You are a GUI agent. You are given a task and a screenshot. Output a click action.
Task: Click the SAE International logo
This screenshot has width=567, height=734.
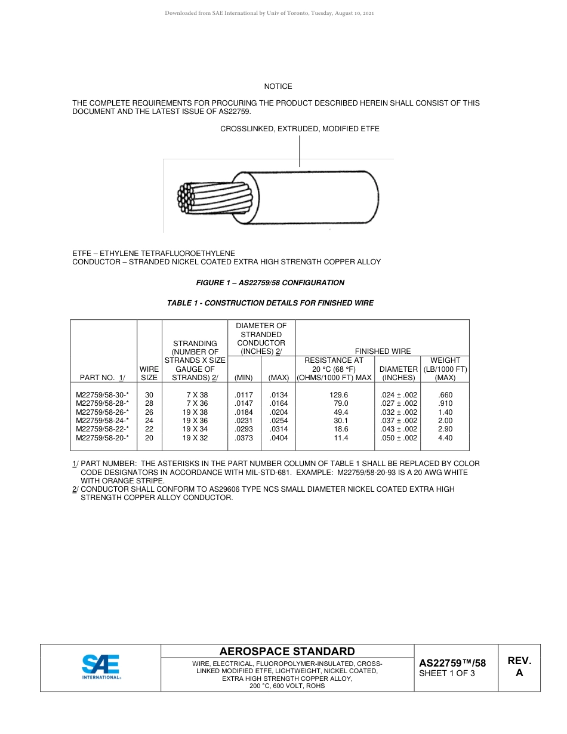(x=101, y=667)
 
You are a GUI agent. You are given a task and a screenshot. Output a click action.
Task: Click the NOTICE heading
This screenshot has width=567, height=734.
(x=278, y=87)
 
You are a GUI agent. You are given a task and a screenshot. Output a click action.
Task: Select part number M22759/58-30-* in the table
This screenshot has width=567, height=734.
(x=102, y=395)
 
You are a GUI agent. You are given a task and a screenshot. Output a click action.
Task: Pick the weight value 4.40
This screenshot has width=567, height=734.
(x=445, y=438)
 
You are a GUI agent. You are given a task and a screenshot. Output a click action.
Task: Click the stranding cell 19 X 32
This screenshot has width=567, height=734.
(x=195, y=438)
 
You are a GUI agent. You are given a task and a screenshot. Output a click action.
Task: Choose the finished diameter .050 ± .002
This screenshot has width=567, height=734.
(x=399, y=438)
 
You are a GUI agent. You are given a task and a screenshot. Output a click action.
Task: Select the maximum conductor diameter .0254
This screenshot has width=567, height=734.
(x=279, y=421)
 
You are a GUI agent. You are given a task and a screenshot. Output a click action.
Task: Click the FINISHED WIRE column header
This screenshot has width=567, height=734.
(x=383, y=351)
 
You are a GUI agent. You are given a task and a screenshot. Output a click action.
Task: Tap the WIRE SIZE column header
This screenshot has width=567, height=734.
(x=149, y=374)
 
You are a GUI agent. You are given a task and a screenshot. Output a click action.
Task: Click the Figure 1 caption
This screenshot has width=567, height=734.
(x=270, y=283)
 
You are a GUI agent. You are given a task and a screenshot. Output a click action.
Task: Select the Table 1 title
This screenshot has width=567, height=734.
(x=270, y=303)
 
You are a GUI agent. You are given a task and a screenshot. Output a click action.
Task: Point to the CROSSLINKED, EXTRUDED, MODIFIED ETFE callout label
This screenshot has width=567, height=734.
(x=300, y=129)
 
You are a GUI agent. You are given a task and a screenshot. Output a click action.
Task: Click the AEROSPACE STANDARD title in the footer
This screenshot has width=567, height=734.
(x=287, y=652)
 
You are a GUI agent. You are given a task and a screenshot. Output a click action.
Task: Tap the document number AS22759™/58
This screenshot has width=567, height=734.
(x=452, y=663)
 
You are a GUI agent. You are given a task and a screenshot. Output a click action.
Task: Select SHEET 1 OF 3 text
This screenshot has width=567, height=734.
(x=447, y=674)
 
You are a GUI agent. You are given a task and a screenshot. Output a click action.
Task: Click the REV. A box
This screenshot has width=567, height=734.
(x=519, y=667)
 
